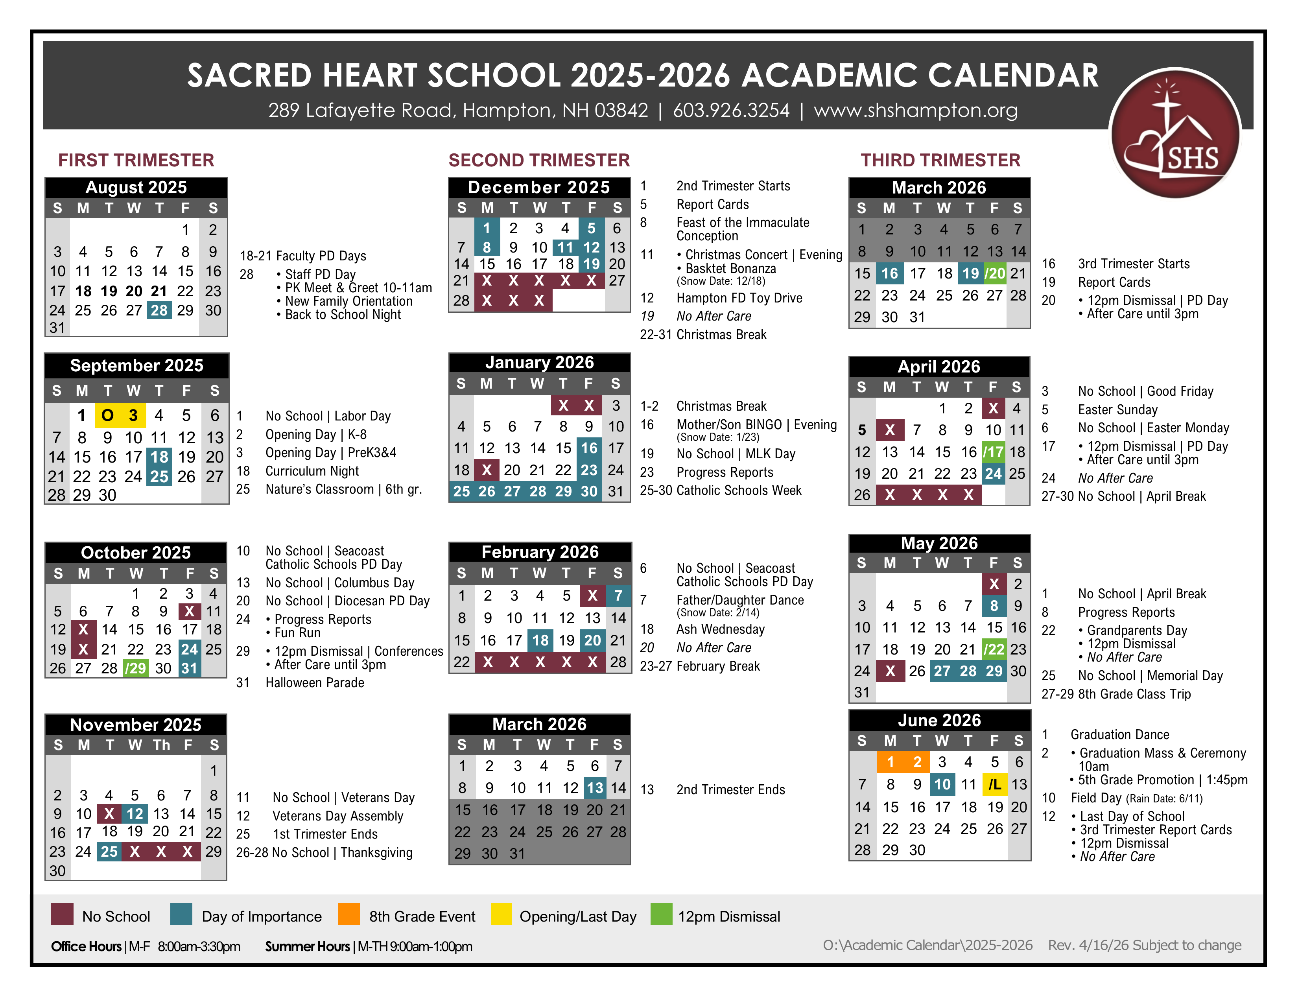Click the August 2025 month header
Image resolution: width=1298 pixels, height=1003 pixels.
click(136, 187)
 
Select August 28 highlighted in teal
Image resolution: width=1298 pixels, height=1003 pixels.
click(159, 310)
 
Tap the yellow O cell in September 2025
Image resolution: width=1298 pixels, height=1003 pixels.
click(107, 415)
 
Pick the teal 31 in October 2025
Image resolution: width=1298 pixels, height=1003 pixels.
click(189, 668)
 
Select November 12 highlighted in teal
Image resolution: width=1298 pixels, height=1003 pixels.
click(135, 813)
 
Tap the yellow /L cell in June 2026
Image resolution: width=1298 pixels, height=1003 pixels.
click(994, 784)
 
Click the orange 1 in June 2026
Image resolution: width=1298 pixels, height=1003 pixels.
click(890, 762)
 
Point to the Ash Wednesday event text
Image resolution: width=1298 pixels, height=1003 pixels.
click(720, 629)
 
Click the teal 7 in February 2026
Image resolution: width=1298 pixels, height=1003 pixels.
click(618, 596)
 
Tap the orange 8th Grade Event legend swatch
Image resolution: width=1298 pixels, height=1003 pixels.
click(349, 914)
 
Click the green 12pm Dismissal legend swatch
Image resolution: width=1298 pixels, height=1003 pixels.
click(661, 914)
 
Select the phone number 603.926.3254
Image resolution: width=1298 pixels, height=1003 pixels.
click(731, 111)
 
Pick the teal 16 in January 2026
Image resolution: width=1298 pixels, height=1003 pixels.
click(589, 448)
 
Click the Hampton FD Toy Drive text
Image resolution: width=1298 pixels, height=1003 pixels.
click(739, 298)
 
